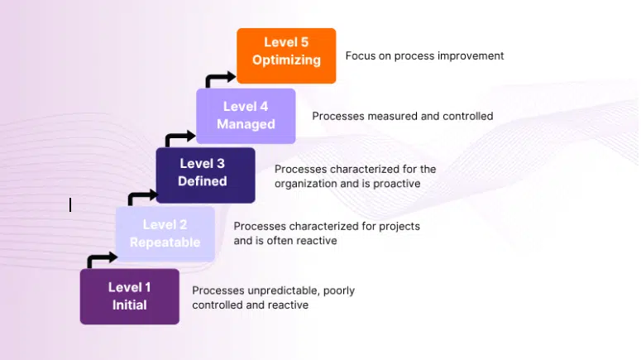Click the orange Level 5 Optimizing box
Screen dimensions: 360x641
[x=286, y=55]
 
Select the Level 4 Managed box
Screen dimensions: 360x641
[x=246, y=116]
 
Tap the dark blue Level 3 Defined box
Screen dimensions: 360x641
[x=205, y=175]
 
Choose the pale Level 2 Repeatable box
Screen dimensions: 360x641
[x=165, y=234]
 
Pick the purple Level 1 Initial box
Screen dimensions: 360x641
[x=129, y=296]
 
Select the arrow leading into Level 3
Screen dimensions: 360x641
[x=141, y=197]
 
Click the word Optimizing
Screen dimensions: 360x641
[x=286, y=60]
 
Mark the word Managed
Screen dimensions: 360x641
[x=246, y=124]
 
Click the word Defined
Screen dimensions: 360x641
[x=203, y=181]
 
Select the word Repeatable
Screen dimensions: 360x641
[x=165, y=242]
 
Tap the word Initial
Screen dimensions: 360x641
[x=129, y=305]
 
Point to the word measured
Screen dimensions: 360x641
[x=389, y=116]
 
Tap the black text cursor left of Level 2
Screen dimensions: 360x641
[x=70, y=204]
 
